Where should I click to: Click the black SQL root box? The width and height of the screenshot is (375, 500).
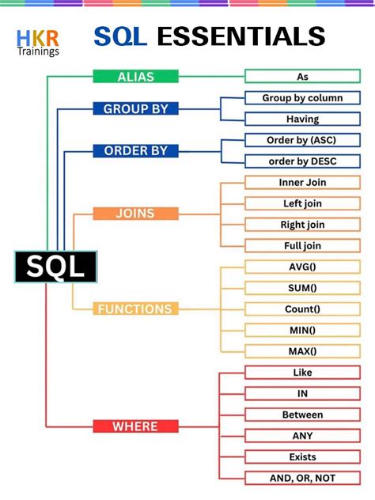(x=55, y=267)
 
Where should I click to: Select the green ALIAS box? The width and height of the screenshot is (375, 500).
(x=135, y=77)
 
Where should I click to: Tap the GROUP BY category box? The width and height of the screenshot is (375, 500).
(x=135, y=108)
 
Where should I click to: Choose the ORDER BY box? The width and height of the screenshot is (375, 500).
(x=135, y=150)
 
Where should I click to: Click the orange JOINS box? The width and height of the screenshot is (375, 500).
(x=135, y=214)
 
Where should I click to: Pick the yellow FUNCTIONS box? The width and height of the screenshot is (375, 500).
(x=135, y=309)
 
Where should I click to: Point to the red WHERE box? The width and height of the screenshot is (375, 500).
(x=135, y=426)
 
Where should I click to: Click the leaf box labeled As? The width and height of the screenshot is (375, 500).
(x=302, y=77)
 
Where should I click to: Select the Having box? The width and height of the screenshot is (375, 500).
(x=302, y=119)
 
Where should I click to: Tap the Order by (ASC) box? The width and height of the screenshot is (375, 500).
(x=302, y=140)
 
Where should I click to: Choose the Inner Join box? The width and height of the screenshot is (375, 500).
(x=302, y=182)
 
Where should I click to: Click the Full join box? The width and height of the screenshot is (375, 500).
(x=302, y=245)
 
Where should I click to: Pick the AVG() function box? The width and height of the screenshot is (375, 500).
(x=302, y=267)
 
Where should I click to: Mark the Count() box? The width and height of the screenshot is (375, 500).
(x=302, y=309)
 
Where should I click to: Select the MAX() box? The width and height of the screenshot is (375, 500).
(x=302, y=350)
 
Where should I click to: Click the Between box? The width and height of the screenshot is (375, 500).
(x=302, y=415)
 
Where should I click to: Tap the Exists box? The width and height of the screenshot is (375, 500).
(x=302, y=456)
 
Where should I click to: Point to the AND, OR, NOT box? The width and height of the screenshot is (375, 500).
(x=302, y=478)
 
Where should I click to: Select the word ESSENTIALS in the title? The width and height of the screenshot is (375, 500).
(x=241, y=36)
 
